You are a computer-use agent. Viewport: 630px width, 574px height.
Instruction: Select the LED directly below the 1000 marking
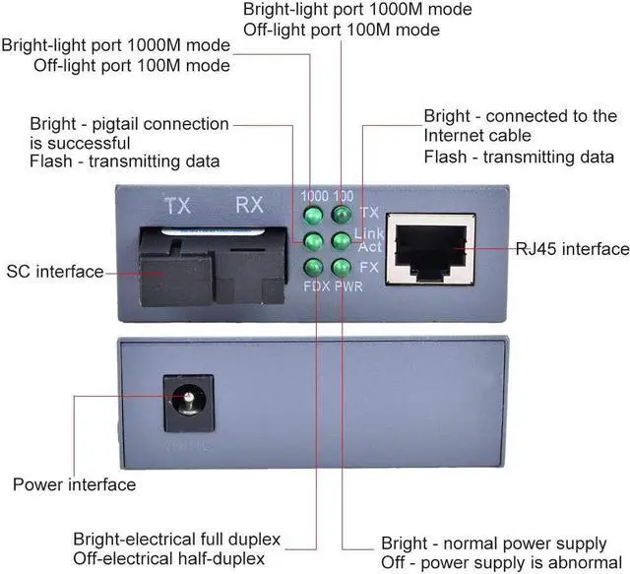(x=315, y=214)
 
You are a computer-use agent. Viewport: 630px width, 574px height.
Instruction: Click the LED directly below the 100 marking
(x=342, y=214)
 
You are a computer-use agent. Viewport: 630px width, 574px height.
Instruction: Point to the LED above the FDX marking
(x=315, y=267)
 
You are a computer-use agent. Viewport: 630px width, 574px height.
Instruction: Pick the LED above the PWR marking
(x=342, y=267)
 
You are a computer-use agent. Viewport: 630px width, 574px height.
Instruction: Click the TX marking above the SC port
(x=177, y=207)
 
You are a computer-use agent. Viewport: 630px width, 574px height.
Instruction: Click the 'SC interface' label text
(x=55, y=271)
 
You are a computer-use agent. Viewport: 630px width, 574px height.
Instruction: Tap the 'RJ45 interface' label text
(x=572, y=248)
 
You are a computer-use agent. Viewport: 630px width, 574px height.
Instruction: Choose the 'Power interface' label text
(x=74, y=484)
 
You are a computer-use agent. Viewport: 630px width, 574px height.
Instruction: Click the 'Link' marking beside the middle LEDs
(x=369, y=232)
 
